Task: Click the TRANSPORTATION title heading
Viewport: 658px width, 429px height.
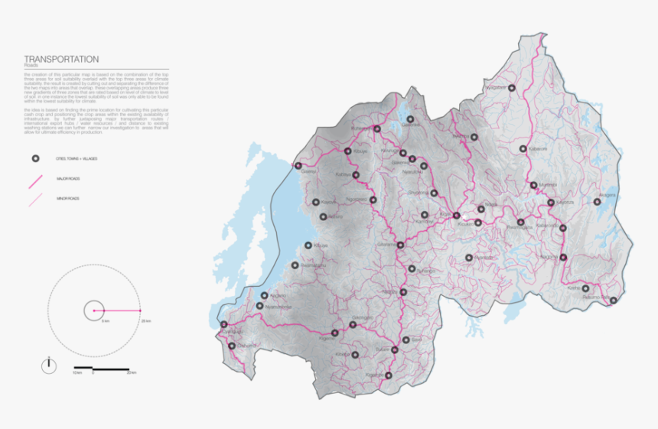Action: pyautogui.click(x=61, y=59)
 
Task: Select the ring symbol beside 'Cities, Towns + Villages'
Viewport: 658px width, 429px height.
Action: pyautogui.click(x=34, y=159)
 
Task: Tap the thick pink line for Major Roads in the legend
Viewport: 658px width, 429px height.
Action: pyautogui.click(x=34, y=180)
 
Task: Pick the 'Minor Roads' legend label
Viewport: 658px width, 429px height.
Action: pyautogui.click(x=69, y=198)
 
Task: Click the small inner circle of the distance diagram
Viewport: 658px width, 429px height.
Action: pyautogui.click(x=94, y=311)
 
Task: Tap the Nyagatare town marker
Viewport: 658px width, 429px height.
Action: pyautogui.click(x=513, y=89)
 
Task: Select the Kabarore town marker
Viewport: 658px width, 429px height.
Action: pyautogui.click(x=523, y=149)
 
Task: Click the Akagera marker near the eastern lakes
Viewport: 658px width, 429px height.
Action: pyautogui.click(x=598, y=202)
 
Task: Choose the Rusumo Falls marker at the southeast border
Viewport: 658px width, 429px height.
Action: pyautogui.click(x=613, y=301)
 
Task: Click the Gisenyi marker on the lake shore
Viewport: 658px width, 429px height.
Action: pyautogui.click(x=298, y=166)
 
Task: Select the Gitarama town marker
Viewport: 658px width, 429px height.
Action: pyautogui.click(x=400, y=245)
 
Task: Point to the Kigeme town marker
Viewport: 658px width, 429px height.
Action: pyautogui.click(x=335, y=333)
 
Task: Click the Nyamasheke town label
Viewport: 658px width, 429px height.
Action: pyautogui.click(x=277, y=307)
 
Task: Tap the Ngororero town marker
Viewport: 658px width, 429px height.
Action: pyautogui.click(x=373, y=200)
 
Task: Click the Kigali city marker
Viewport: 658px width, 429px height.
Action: pyautogui.click(x=457, y=216)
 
